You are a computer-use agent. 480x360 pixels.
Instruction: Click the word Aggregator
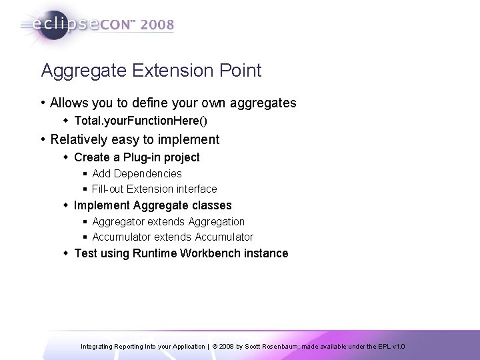117,221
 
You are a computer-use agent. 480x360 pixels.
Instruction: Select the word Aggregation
217,221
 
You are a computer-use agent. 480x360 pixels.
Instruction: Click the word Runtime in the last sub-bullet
155,253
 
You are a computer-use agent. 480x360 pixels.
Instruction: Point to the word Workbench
212,253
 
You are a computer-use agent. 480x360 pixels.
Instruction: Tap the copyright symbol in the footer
215,347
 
